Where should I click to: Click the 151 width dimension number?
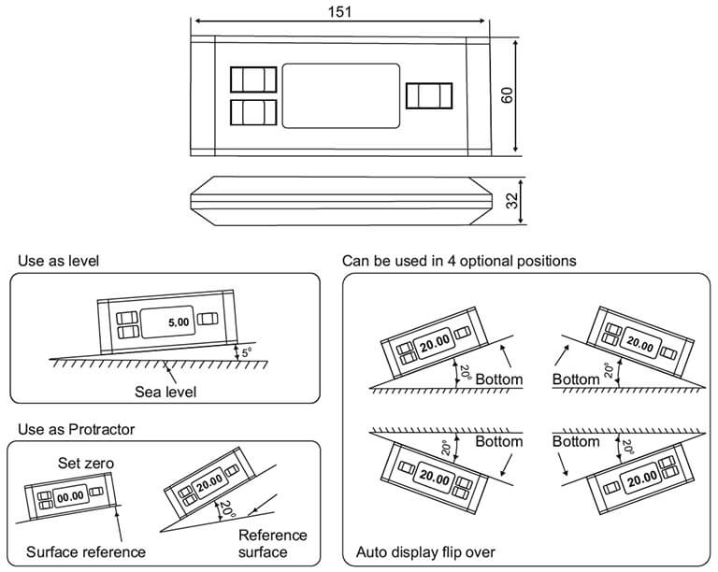339,11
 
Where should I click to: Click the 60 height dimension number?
507,95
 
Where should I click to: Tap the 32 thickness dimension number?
512,201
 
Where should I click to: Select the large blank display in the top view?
341,95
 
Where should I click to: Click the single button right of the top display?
429,95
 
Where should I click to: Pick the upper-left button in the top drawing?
253,79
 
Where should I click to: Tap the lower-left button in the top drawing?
253,112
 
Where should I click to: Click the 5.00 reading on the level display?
179,322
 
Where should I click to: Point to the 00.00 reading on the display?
70,496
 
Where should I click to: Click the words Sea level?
165,392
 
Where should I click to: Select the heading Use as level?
58,261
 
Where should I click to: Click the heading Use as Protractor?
76,429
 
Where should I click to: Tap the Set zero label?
86,463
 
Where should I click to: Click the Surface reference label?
86,551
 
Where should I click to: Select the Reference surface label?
272,544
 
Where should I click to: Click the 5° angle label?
247,353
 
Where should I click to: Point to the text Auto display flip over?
425,551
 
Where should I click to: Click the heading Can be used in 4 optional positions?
459,261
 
